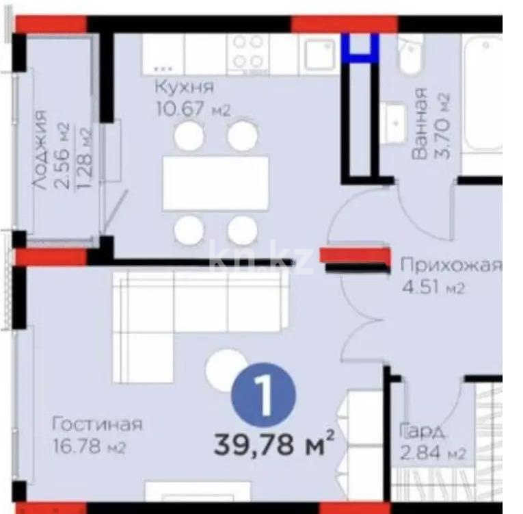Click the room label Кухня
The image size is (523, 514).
pos(184,88)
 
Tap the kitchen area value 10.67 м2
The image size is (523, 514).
pos(193,108)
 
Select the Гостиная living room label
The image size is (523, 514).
pos(97,425)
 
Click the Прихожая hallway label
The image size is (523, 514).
pos(451,266)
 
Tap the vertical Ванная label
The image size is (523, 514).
pos(420,124)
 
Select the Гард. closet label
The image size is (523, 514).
pos(424,431)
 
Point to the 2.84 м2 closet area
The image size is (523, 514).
pos(433,452)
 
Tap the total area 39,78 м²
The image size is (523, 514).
pos(273,446)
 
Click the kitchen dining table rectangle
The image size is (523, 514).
pos(215,183)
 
